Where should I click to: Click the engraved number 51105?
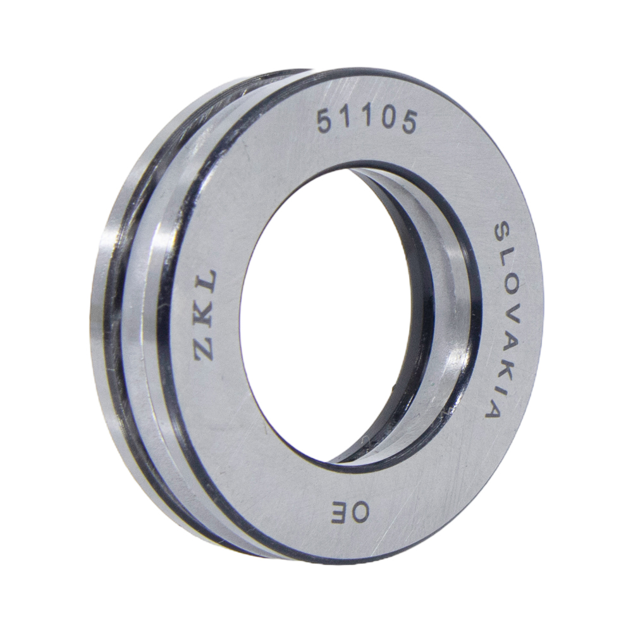coord(366,121)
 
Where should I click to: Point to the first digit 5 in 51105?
coord(326,121)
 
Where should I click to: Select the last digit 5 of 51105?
coord(407,123)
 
